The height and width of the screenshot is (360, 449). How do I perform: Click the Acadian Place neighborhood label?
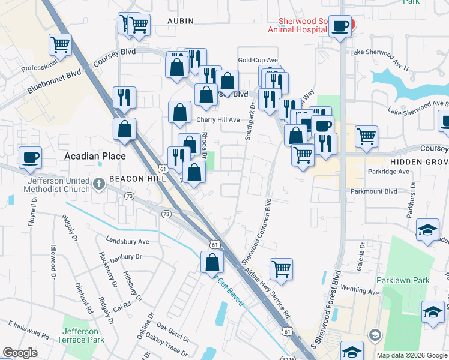tap(95, 156)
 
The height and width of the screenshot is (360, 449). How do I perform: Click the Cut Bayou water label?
tap(231, 291)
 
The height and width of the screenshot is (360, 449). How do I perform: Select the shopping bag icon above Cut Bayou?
tap(212, 262)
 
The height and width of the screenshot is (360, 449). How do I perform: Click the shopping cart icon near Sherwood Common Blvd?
tap(281, 269)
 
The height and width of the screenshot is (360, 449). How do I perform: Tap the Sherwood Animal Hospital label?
tap(297, 25)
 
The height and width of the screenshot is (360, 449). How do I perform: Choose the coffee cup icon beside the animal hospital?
tap(340, 26)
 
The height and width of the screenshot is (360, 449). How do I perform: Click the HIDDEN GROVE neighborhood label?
tap(420, 163)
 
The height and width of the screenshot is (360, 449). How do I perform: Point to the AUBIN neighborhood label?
tap(181, 21)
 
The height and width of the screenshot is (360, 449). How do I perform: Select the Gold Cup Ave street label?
tap(258, 60)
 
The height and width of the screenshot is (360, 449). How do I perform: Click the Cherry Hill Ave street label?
tap(218, 119)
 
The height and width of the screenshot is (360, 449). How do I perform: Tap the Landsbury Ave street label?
tap(127, 241)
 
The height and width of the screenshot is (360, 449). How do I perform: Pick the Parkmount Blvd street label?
tap(374, 191)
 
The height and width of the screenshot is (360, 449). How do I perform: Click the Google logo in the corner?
tap(20, 353)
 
